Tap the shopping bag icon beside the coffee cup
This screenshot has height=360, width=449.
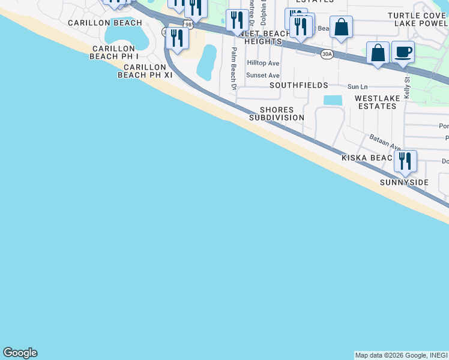(x=378, y=53)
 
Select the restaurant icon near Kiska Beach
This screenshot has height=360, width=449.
(x=405, y=160)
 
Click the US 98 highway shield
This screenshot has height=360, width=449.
(x=188, y=24)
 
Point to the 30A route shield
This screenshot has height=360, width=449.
(x=327, y=54)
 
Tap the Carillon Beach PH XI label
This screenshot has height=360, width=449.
(x=142, y=71)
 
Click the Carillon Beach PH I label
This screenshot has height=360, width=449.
(x=114, y=52)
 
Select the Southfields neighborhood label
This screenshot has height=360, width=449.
(x=299, y=85)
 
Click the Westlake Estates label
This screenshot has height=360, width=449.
(x=376, y=102)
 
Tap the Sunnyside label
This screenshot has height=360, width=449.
(x=405, y=182)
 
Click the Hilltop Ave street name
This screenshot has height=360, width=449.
(x=263, y=63)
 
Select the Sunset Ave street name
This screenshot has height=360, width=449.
(x=263, y=76)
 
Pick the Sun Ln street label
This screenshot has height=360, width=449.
(x=357, y=87)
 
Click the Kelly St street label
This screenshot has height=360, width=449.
(x=407, y=88)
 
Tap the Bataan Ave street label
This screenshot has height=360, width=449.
(x=385, y=142)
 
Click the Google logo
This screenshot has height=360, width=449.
(x=20, y=353)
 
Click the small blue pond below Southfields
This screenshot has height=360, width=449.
(x=333, y=100)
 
